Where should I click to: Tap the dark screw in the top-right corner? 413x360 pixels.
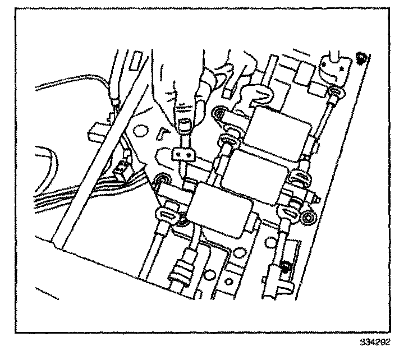(x=360, y=57)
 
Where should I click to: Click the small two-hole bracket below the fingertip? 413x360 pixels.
(x=181, y=152)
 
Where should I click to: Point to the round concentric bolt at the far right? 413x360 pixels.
(x=308, y=218)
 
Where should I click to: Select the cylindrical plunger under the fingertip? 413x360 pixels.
(x=183, y=126)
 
